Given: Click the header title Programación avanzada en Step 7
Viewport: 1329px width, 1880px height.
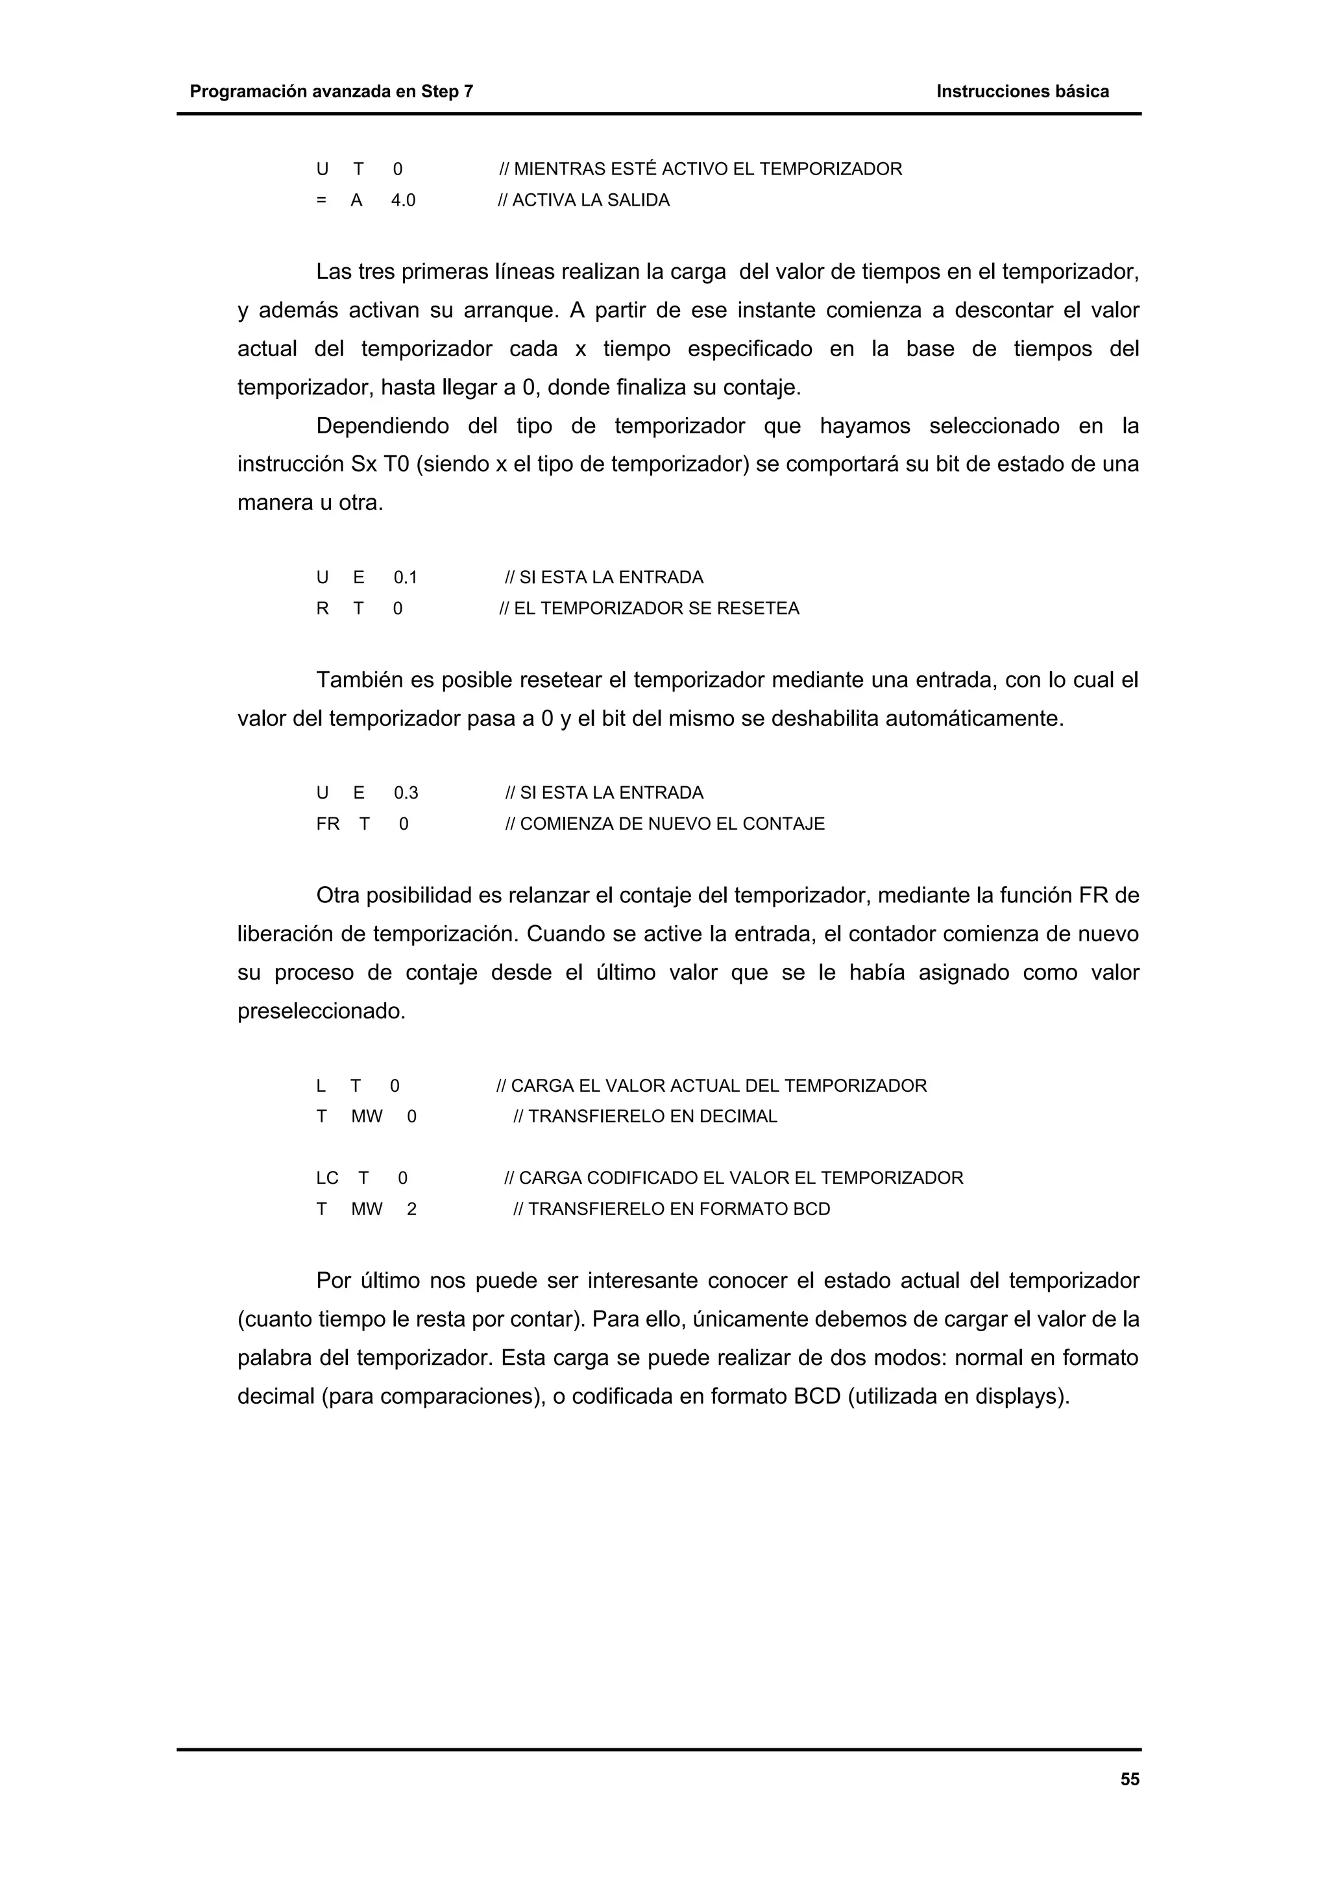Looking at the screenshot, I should click(x=331, y=91).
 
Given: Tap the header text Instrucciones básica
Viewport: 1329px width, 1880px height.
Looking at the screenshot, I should click(x=1022, y=91).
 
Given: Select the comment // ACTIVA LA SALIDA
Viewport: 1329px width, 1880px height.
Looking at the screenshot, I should click(x=584, y=200).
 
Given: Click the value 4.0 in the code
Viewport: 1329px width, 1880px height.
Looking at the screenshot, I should click(x=403, y=200).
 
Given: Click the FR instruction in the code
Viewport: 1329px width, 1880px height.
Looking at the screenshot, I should click(x=328, y=824).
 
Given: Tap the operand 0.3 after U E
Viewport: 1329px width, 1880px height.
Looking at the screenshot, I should click(x=406, y=793).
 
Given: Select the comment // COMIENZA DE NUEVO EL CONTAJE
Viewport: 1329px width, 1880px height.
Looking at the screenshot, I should click(x=665, y=824).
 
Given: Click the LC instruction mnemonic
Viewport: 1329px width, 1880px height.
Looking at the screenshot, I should click(x=326, y=1178).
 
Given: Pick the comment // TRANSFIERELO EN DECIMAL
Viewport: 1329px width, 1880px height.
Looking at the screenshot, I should click(x=645, y=1117).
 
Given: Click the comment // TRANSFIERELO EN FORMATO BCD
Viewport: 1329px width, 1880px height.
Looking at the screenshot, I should click(x=672, y=1209).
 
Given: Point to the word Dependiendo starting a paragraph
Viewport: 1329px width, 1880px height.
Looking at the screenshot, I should click(x=382, y=427).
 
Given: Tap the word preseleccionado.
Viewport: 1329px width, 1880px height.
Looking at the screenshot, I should click(x=321, y=1012).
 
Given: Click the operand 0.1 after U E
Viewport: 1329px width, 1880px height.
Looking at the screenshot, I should click(x=406, y=577).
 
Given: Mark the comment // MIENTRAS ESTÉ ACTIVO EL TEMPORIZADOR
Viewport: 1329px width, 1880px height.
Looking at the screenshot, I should click(x=701, y=169).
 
